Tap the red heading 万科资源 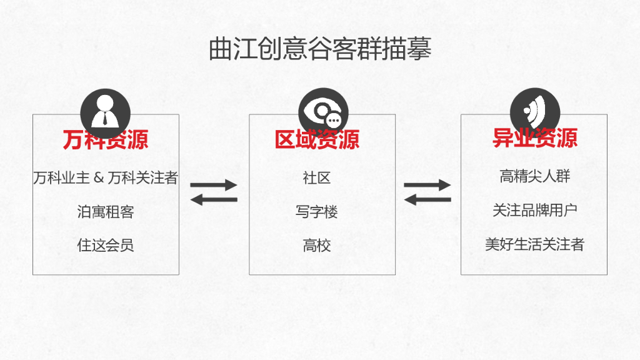tap(106, 139)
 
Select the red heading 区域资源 tap(317, 139)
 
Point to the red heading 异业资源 tap(534, 138)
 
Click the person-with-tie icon tap(106, 113)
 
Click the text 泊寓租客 tap(106, 212)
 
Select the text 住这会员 tap(106, 245)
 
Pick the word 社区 tap(317, 178)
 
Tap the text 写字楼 tap(317, 212)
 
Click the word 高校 tap(317, 245)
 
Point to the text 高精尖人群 tap(535, 176)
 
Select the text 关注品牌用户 tap(535, 210)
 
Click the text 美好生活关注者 tap(535, 244)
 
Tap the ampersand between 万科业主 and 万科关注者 tap(99, 179)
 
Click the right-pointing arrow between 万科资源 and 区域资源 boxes tap(214, 185)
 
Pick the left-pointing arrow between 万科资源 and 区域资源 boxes tap(214, 200)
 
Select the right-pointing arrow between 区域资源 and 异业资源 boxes tap(427, 185)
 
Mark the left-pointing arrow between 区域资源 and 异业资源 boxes tap(427, 200)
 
